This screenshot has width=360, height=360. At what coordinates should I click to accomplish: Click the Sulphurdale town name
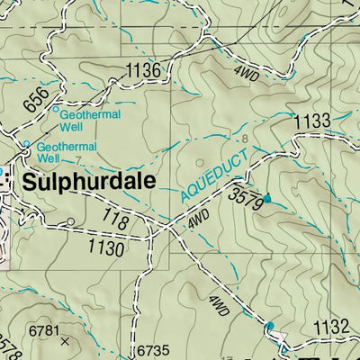tap(90, 181)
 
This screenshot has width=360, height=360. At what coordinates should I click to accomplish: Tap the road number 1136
tap(143, 70)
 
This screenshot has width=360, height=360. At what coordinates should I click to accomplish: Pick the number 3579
tap(245, 199)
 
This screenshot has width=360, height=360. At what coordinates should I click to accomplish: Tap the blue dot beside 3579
tap(266, 197)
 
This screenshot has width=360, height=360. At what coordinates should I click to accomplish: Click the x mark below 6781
tap(63, 342)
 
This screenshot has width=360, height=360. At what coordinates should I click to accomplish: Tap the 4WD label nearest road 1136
tap(247, 76)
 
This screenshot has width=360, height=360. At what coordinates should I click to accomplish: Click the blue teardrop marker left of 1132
tap(270, 325)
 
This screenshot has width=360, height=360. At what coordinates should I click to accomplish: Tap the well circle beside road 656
tap(55, 111)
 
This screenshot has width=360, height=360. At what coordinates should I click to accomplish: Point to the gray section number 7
tap(78, 161)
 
